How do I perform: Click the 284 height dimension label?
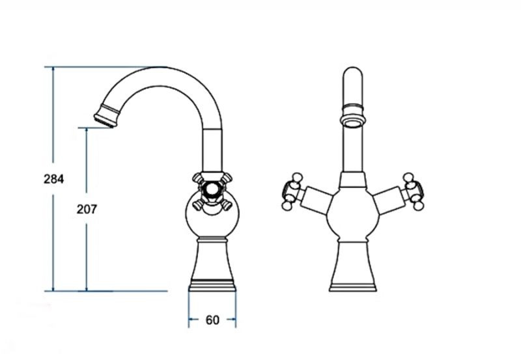pyautogui.click(x=53, y=179)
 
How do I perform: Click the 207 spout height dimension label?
pyautogui.click(x=87, y=209)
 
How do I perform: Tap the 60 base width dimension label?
pyautogui.click(x=212, y=320)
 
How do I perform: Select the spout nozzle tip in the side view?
pyautogui.click(x=106, y=119)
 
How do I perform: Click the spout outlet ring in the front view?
pyautogui.click(x=353, y=121)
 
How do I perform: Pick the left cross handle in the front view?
pyautogui.click(x=291, y=191)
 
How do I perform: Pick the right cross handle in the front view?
pyautogui.click(x=414, y=191)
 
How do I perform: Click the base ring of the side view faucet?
pyautogui.click(x=212, y=286)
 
